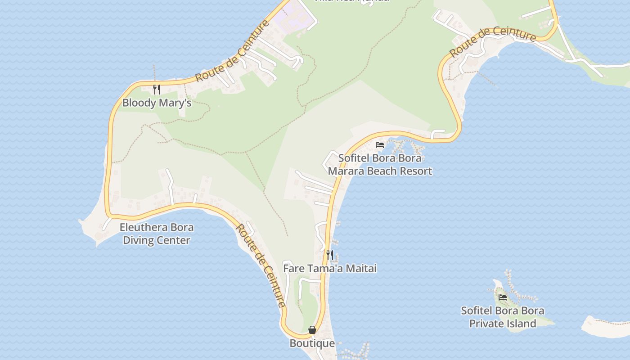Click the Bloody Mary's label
(157, 103)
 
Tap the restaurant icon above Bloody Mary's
(157, 89)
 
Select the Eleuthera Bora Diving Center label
(157, 234)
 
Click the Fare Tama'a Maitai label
(329, 268)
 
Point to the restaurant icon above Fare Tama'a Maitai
(330, 255)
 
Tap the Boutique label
(312, 343)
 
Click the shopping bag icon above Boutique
(312, 330)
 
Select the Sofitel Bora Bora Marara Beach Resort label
(380, 164)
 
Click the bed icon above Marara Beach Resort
(380, 145)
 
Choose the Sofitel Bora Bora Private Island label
(502, 317)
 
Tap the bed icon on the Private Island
(503, 297)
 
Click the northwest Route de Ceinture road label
(233, 51)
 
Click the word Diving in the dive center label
(139, 240)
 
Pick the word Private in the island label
(486, 324)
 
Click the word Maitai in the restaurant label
(362, 268)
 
